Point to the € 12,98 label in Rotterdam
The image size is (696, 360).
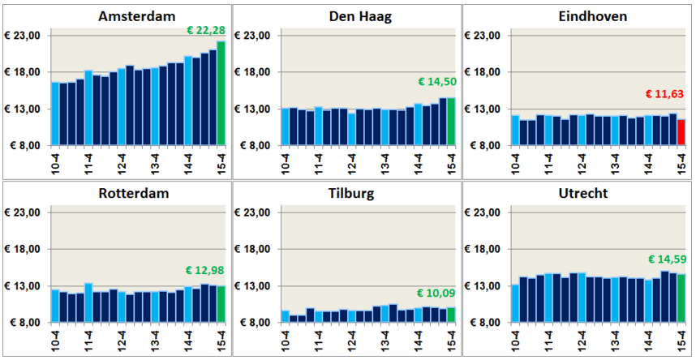pyautogui.click(x=206, y=270)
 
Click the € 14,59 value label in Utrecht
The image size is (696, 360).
pyautogui.click(x=666, y=259)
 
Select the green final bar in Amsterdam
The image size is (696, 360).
pyautogui.click(x=221, y=93)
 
